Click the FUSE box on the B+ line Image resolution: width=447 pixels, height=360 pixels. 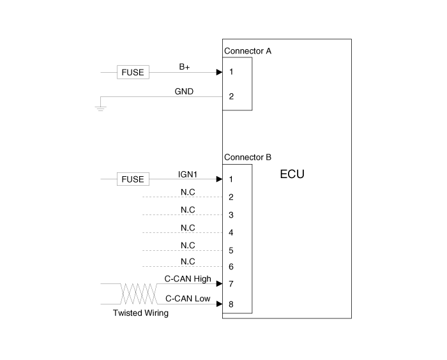pyautogui.click(x=133, y=72)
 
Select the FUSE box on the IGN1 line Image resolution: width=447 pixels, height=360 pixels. pyautogui.click(x=133, y=179)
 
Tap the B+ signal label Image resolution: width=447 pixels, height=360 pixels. pyautogui.click(x=185, y=66)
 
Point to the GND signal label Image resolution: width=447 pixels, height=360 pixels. pyautogui.click(x=184, y=91)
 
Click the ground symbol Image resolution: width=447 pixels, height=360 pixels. pyautogui.click(x=101, y=109)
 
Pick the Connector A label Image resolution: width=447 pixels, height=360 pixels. pyautogui.click(x=248, y=51)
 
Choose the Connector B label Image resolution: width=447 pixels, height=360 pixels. pyautogui.click(x=248, y=157)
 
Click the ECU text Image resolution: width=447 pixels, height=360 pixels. pyautogui.click(x=292, y=174)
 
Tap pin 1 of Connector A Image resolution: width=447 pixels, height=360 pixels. pyautogui.click(x=231, y=71)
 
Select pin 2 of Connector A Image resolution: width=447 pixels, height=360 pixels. pyautogui.click(x=231, y=96)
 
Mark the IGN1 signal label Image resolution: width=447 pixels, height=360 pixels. pyautogui.click(x=188, y=174)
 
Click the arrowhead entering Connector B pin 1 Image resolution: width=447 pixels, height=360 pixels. pyautogui.click(x=219, y=179)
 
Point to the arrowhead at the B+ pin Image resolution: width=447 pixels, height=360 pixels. pyautogui.click(x=219, y=72)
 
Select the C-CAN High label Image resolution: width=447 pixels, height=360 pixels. pyautogui.click(x=188, y=278)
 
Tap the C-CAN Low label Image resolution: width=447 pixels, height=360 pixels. pyautogui.click(x=188, y=299)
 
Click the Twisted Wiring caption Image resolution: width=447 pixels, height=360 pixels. pyautogui.click(x=141, y=313)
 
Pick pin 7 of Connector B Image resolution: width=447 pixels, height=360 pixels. pyautogui.click(x=231, y=284)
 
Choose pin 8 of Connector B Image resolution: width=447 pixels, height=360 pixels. pyautogui.click(x=231, y=304)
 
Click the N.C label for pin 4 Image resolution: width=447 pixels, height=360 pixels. pyautogui.click(x=188, y=228)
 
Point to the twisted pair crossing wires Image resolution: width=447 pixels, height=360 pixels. pyautogui.click(x=139, y=294)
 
